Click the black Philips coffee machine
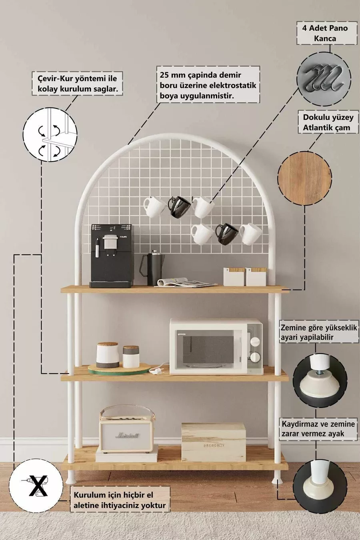pyautogui.click(x=112, y=256)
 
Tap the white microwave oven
pyautogui.click(x=216, y=346)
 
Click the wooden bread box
pyautogui.click(x=214, y=442)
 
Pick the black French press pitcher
pyautogui.click(x=151, y=269)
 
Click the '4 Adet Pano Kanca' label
pyautogui.click(x=326, y=34)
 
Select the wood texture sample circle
pyautogui.click(x=305, y=178)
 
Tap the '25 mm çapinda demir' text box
pyautogui.click(x=208, y=85)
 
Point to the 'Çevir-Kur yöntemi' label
pyautogui.click(x=77, y=84)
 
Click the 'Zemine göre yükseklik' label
pyautogui.click(x=319, y=332)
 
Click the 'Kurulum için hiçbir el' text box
pyautogui.click(x=119, y=500)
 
